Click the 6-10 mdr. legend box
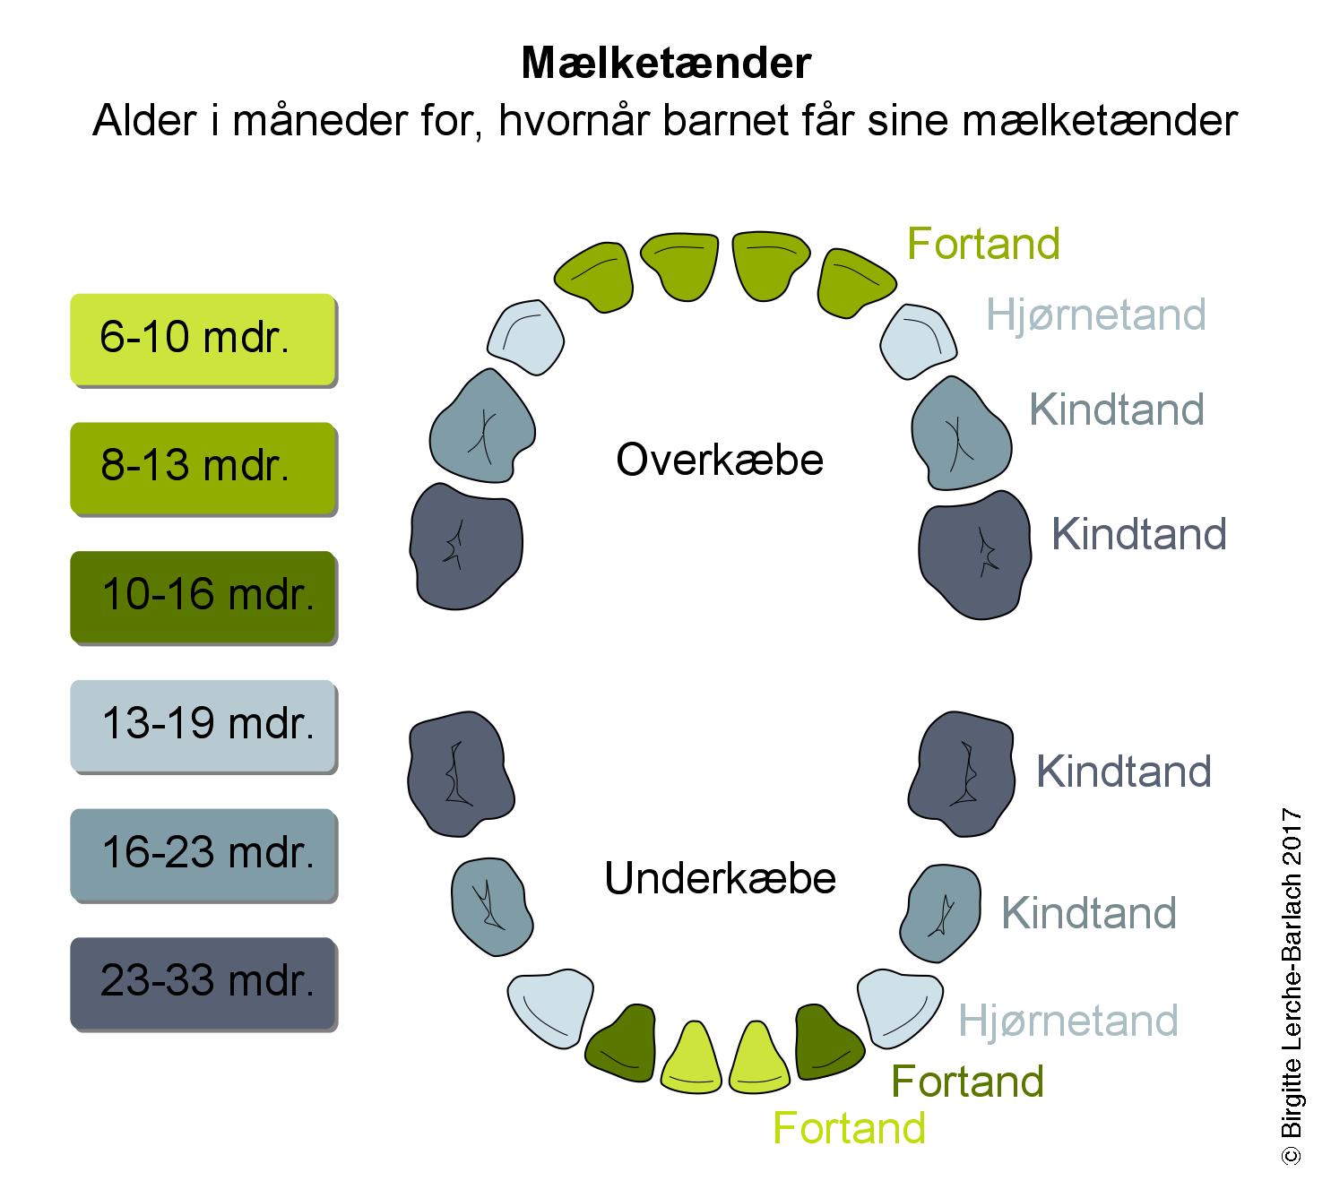[x=203, y=339]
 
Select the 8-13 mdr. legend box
[x=203, y=468]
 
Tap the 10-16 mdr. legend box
[x=203, y=597]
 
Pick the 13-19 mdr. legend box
[x=203, y=726]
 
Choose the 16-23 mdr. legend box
[x=203, y=855]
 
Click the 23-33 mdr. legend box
[x=203, y=984]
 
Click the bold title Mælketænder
[x=665, y=64]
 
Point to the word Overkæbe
[x=720, y=461]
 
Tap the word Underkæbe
[x=720, y=879]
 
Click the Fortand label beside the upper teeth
[x=983, y=244]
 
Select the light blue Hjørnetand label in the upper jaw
[x=1095, y=315]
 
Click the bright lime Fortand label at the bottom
[x=849, y=1128]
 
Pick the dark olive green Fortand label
[x=968, y=1082]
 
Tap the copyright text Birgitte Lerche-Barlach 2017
[x=1292, y=986]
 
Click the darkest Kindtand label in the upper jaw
[x=1138, y=534]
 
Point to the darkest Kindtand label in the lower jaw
[x=1124, y=771]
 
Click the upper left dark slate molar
[x=465, y=545]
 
